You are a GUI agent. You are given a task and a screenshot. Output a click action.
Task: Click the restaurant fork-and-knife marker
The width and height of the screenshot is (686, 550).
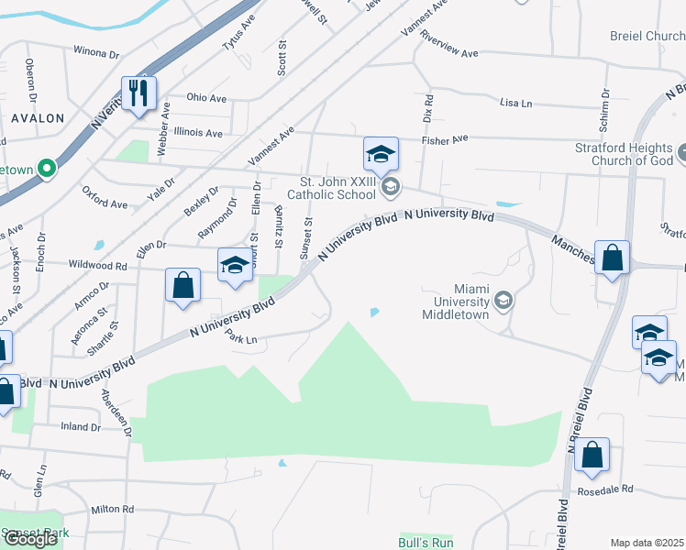point(139,93)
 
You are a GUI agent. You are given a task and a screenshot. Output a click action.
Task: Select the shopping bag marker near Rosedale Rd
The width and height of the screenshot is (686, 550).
point(592,455)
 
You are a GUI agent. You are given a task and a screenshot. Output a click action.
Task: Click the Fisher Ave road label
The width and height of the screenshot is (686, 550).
point(445,139)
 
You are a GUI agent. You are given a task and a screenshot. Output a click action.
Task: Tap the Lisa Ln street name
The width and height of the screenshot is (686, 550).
point(516,104)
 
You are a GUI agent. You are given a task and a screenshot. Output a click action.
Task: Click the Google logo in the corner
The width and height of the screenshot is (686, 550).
point(29,539)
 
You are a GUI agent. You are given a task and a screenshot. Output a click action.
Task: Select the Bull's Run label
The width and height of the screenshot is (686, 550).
point(426,543)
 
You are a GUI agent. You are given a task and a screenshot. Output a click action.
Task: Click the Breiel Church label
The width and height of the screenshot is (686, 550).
point(647,37)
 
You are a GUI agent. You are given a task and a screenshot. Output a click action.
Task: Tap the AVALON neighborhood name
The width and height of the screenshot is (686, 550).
point(38,118)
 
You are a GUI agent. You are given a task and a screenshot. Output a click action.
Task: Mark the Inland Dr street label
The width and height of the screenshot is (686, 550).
point(80,427)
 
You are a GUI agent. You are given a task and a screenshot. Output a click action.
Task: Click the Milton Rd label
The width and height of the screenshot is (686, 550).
point(112,509)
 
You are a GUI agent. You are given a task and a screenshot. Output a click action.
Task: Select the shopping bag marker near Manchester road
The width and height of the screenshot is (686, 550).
point(612,258)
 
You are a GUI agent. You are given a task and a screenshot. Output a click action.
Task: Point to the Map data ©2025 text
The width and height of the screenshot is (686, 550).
point(647,543)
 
